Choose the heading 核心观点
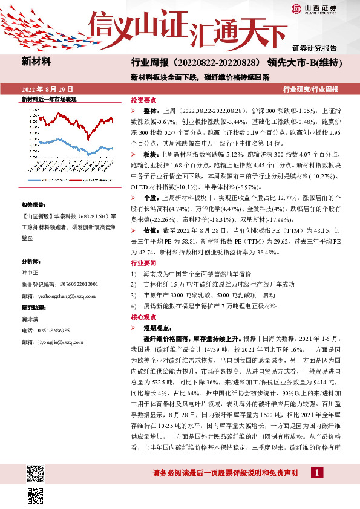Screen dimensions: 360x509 (143, 316)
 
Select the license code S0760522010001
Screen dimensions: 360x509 (72, 267)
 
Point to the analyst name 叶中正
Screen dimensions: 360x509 (30, 255)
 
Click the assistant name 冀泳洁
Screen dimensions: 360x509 (30, 319)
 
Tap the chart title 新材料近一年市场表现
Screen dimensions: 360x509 (49, 98)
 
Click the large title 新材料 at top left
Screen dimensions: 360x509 (36, 61)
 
